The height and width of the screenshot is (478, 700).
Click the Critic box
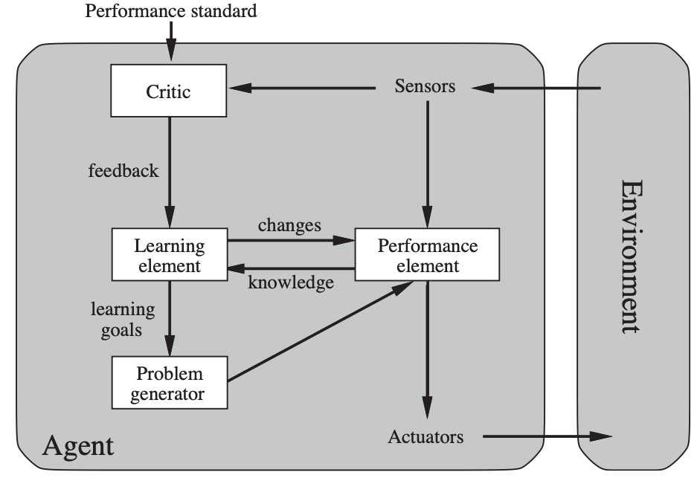click(169, 91)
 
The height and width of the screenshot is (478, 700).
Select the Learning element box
click(170, 254)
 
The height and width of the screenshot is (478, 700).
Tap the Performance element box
click(427, 254)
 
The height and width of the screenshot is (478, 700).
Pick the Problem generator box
click(170, 383)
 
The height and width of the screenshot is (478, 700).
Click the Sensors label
click(425, 86)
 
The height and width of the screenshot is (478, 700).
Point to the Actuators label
click(426, 437)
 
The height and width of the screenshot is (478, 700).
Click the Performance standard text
click(171, 11)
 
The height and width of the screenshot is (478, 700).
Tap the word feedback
click(123, 170)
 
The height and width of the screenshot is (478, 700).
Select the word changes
click(289, 225)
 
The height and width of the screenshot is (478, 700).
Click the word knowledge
click(291, 282)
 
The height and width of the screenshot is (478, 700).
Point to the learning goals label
click(123, 320)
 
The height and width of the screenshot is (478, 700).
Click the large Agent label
click(78, 446)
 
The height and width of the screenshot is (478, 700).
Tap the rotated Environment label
click(632, 256)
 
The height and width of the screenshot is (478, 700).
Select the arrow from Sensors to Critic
click(302, 88)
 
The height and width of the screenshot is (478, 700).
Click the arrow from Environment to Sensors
click(536, 88)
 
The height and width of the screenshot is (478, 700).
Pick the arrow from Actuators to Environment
click(548, 436)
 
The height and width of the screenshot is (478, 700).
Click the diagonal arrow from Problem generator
click(320, 331)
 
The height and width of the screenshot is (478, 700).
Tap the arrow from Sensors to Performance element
click(427, 165)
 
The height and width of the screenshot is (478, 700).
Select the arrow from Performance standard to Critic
click(171, 41)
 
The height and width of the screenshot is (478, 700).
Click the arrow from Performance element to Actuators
click(427, 350)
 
